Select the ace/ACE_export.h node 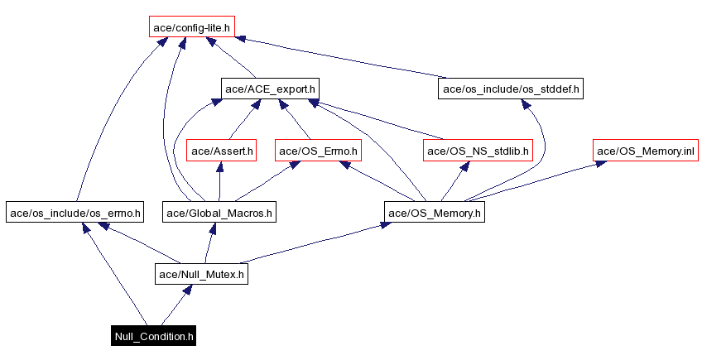270,88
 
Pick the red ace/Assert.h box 222,150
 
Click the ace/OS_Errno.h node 318,150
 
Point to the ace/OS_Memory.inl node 645,150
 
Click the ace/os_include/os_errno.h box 75,213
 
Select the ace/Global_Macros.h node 219,213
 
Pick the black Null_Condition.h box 154,336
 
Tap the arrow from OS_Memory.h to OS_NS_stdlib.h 455,182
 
